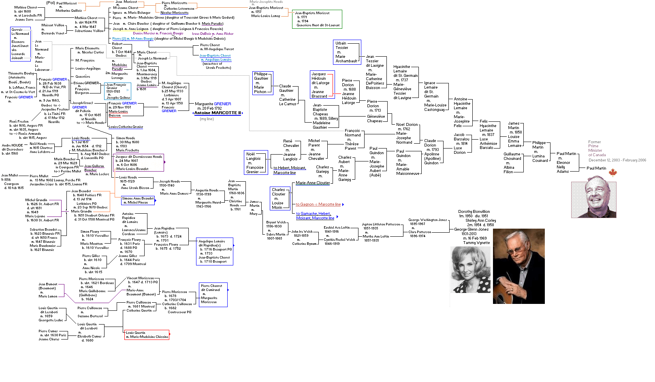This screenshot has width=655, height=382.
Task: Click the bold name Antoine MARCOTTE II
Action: [x=218, y=113]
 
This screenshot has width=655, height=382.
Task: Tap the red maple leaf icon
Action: [x=612, y=173]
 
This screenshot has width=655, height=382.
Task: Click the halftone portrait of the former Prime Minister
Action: [x=594, y=199]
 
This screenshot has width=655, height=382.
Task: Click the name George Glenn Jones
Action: [x=471, y=229]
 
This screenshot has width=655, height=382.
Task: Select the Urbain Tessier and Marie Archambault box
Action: [x=346, y=52]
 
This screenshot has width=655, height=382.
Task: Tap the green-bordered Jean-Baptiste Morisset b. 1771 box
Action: [x=317, y=19]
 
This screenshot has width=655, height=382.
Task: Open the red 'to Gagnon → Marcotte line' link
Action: [x=318, y=204]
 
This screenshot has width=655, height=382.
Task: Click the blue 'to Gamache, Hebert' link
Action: [x=313, y=214]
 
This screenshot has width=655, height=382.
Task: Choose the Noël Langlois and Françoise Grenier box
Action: [x=255, y=163]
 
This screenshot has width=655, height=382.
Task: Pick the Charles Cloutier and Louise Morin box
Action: [x=279, y=198]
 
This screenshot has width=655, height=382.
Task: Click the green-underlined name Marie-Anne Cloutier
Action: [x=313, y=183]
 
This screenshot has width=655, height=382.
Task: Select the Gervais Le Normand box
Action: [x=20, y=44]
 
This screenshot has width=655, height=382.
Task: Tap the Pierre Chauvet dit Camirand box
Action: [x=213, y=294]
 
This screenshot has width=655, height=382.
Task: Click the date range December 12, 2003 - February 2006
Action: [x=617, y=160]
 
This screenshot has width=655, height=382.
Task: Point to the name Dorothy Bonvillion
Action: [x=474, y=212]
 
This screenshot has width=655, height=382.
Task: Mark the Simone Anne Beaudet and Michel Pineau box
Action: [x=138, y=200]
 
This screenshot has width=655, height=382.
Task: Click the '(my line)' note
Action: [x=207, y=119]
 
